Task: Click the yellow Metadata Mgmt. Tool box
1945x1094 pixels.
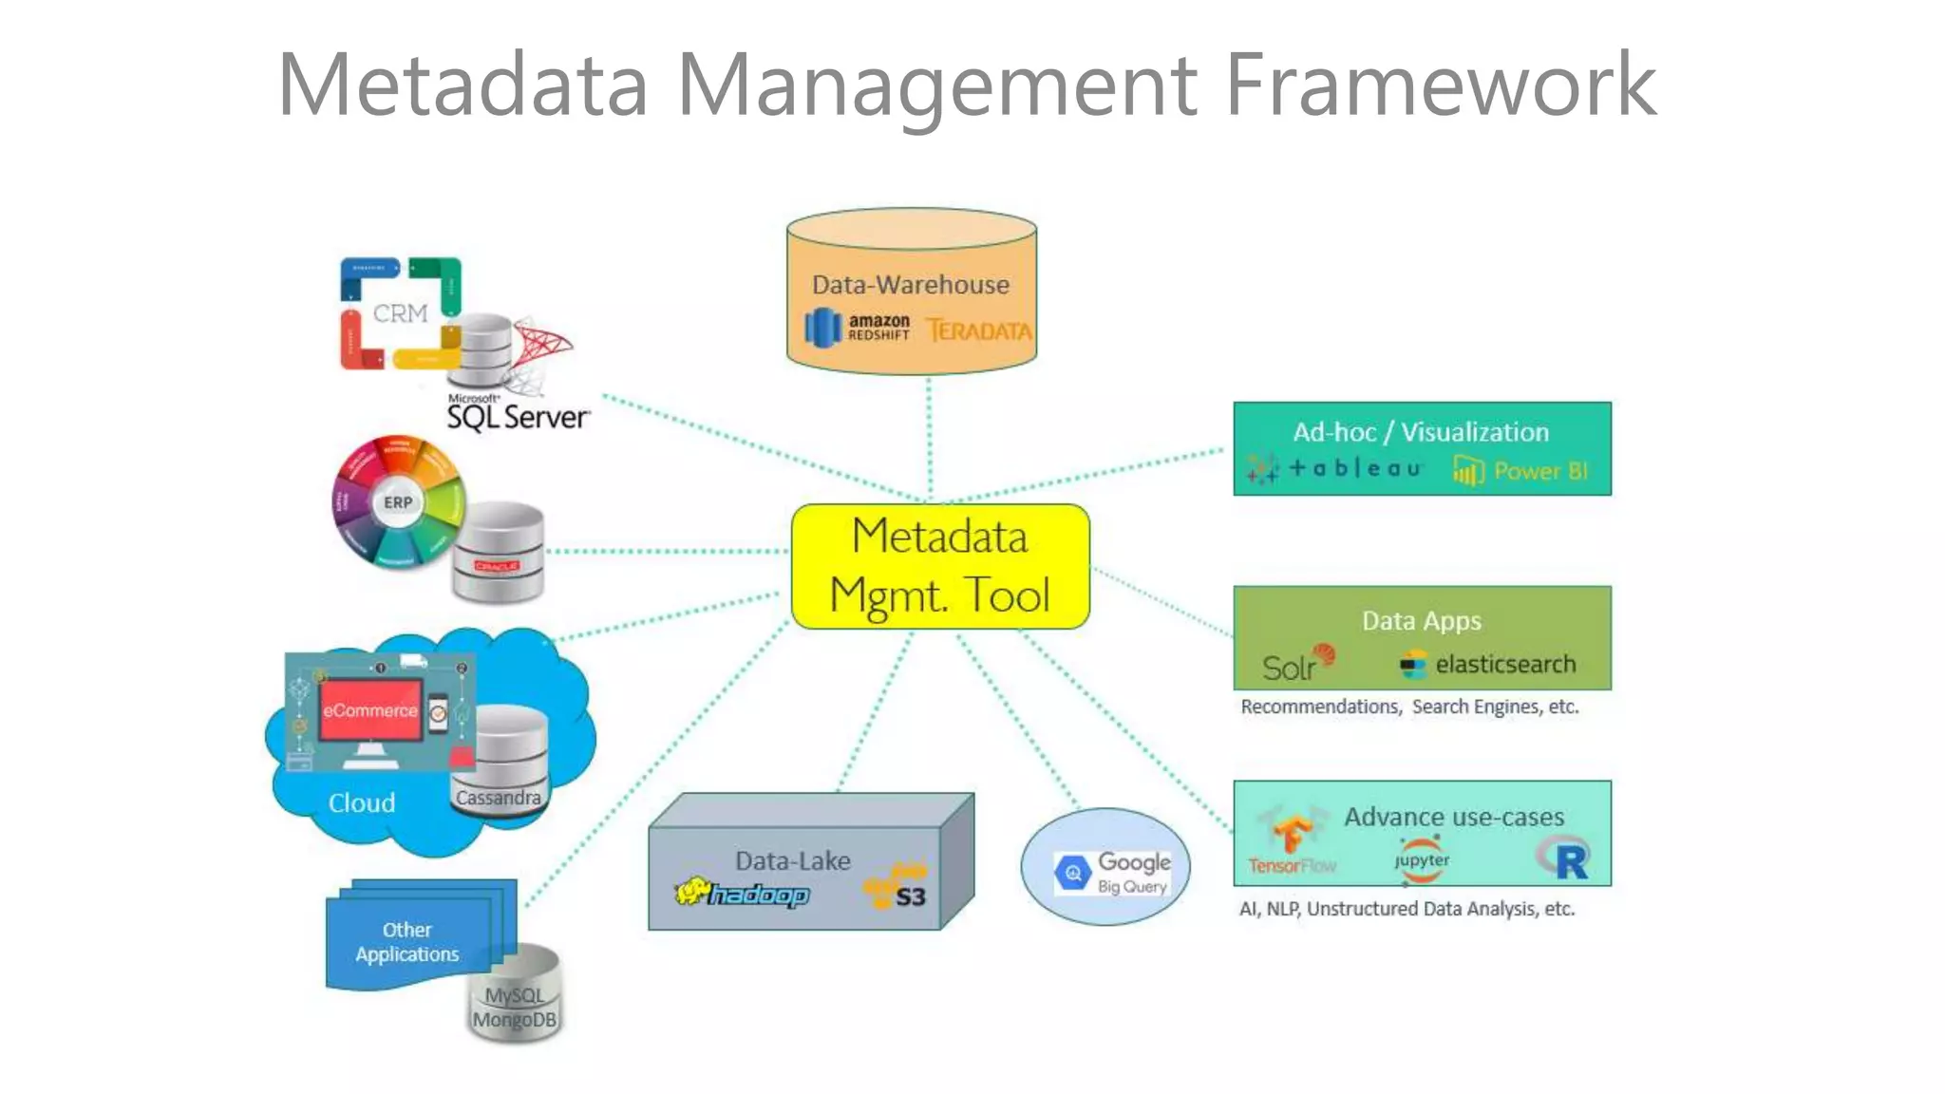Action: pos(939,567)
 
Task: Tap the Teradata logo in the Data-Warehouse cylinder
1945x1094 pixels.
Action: pos(978,330)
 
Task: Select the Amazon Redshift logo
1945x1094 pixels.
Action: pos(858,329)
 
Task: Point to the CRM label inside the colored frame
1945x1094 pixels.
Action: pos(400,313)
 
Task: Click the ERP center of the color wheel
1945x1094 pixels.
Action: pos(398,502)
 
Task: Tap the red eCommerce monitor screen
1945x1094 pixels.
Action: pos(369,710)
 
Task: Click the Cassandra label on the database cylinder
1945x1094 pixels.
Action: pos(498,798)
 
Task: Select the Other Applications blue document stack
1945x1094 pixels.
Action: pos(408,940)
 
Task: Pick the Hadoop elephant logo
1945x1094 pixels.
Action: pos(742,894)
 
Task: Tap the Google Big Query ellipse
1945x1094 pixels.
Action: pos(1105,868)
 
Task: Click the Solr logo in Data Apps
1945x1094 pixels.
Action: pos(1296,664)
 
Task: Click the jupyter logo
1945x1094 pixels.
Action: pos(1422,858)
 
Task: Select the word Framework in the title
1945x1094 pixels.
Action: pos(1440,85)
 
